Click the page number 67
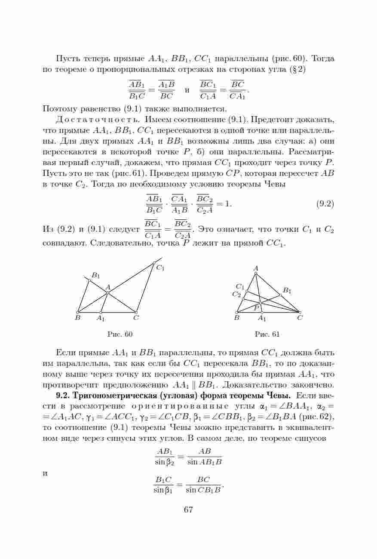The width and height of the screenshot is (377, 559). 188,510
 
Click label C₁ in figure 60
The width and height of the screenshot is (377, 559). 160,268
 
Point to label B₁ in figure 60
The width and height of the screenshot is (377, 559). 96,275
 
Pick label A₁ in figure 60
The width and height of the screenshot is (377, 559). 101,319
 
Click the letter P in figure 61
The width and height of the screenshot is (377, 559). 256,308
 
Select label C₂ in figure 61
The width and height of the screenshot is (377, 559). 236,295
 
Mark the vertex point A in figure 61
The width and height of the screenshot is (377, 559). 256,273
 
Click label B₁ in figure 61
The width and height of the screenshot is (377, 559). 287,291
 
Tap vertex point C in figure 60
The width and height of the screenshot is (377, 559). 136,312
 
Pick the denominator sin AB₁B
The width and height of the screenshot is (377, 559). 204,463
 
